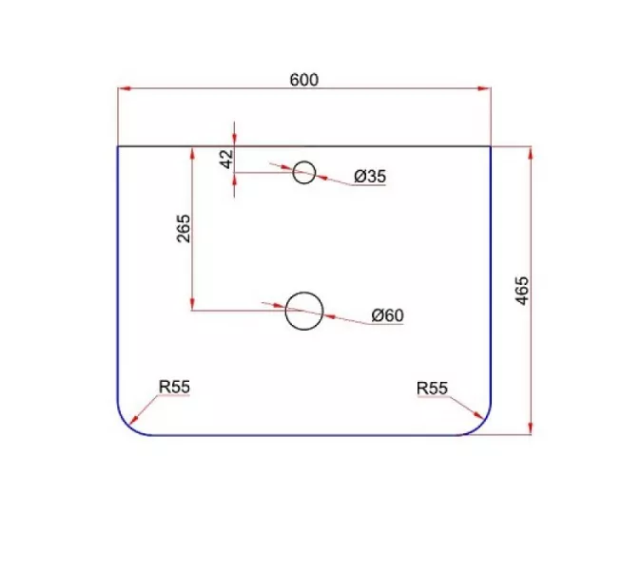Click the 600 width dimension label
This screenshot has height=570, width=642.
(303, 80)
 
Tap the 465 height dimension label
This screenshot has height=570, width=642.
(521, 291)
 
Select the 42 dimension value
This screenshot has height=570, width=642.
(226, 159)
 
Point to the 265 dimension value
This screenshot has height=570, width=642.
(184, 229)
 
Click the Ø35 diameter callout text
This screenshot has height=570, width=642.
(369, 176)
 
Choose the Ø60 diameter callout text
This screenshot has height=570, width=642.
(387, 315)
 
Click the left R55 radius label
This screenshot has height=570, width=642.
(174, 387)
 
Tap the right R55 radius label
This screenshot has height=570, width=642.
(432, 388)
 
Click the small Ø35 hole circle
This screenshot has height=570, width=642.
(303, 173)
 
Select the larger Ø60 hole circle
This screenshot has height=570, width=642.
(304, 311)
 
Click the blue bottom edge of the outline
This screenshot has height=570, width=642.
(304, 435)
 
